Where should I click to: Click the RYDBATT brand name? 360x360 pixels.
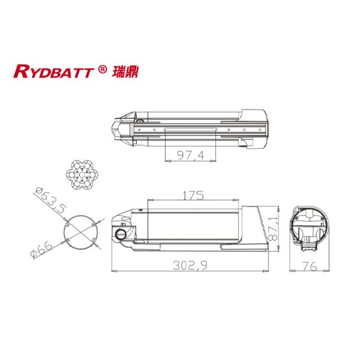tap(53, 72)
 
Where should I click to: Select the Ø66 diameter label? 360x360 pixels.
tap(40, 247)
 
